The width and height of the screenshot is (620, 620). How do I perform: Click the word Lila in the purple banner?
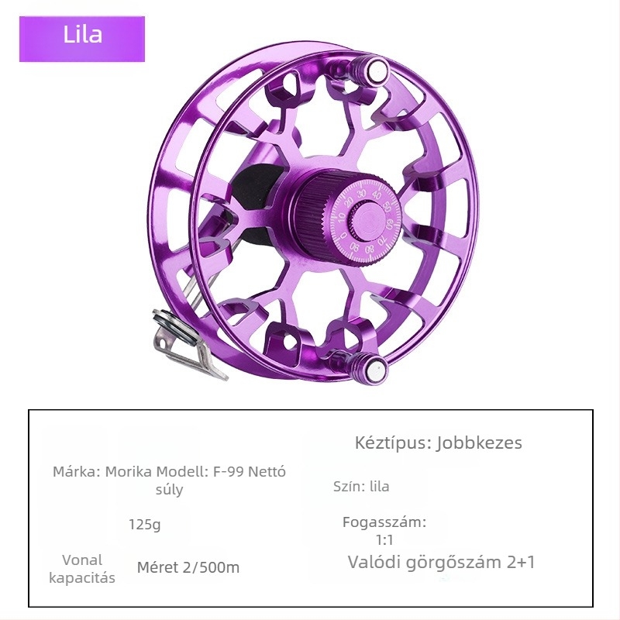pyautogui.click(x=83, y=34)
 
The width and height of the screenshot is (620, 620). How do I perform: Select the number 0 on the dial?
pyautogui.click(x=343, y=236)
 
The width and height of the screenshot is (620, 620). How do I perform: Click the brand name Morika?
pyautogui.click(x=129, y=472)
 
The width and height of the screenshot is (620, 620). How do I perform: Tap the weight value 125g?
pyautogui.click(x=145, y=525)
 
